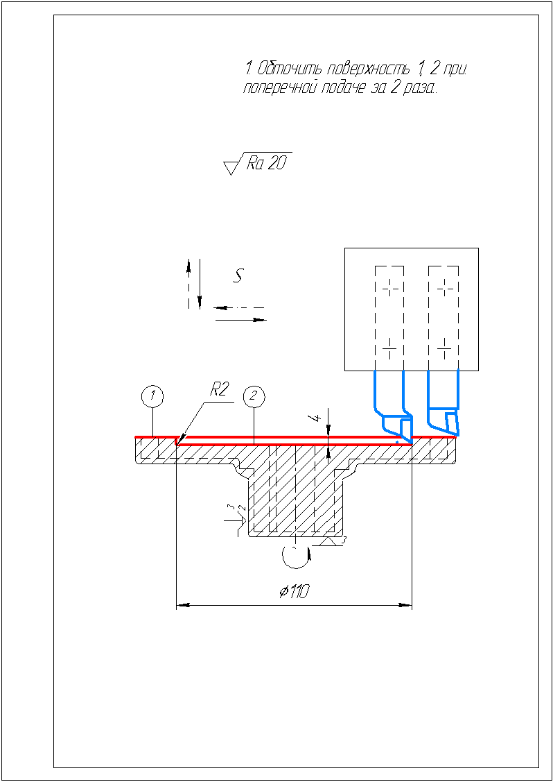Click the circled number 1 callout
[x=153, y=397]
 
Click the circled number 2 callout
[x=254, y=397]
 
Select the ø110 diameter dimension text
[x=294, y=591]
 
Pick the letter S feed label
[x=238, y=275]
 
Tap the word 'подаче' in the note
[x=344, y=88]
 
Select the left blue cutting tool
[x=394, y=407]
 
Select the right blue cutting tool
[x=444, y=404]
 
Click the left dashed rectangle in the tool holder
[x=389, y=318]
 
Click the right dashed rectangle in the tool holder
[x=444, y=318]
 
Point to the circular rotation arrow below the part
[x=296, y=556]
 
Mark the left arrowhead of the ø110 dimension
[x=184, y=606]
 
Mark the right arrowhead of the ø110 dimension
[x=405, y=606]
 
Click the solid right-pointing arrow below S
[x=241, y=319]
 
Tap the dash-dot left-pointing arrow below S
[x=239, y=307]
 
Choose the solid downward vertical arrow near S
[x=200, y=283]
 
